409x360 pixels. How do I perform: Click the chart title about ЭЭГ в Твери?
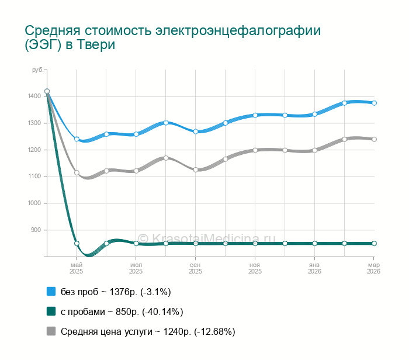[x=173, y=38]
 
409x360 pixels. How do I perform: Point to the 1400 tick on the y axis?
[x=34, y=96]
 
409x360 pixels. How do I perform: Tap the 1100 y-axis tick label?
[x=34, y=176]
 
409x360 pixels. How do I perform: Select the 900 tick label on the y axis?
[x=36, y=230]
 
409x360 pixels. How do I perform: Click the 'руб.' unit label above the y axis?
[x=37, y=70]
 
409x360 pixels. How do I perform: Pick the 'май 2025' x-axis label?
[x=77, y=268]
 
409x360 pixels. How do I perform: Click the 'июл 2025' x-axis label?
[x=136, y=268]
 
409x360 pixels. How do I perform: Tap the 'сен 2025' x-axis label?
[x=195, y=268]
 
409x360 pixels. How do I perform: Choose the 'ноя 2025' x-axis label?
[x=255, y=268]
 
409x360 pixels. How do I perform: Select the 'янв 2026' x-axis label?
[x=314, y=268]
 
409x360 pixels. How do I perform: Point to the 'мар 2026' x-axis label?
[x=373, y=268]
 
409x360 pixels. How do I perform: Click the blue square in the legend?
[x=51, y=292]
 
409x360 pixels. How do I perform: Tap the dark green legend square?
[x=51, y=311]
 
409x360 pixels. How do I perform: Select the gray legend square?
[x=51, y=331]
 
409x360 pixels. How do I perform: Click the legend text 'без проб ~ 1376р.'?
[x=116, y=292]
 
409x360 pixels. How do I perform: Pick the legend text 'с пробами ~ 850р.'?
[x=122, y=311]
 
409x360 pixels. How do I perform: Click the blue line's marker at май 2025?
[x=77, y=139]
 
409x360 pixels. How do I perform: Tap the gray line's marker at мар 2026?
[x=374, y=139]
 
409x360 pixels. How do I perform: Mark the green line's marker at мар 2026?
[x=374, y=243]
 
